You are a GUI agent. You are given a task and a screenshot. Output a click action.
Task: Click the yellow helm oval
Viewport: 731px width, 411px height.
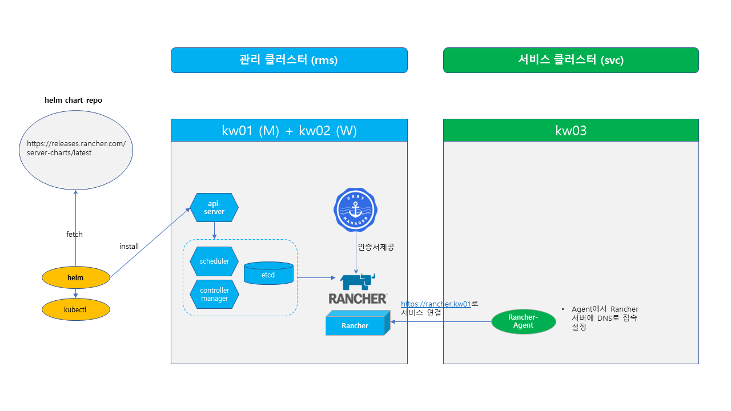pos(75,278)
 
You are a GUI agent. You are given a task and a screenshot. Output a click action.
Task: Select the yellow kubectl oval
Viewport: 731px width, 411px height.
pos(75,310)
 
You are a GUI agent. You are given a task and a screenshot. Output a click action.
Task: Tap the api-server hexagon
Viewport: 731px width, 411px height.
pos(214,208)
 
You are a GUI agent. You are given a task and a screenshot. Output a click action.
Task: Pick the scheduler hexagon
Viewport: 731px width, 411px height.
pos(214,261)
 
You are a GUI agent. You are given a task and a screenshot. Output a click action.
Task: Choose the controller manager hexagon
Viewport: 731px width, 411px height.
pos(214,295)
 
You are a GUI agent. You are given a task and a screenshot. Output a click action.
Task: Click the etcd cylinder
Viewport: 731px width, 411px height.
pos(268,273)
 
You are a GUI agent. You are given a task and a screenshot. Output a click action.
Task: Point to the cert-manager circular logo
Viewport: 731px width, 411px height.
pos(355,210)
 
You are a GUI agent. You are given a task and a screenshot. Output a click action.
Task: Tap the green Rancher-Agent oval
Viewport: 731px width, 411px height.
pos(523,321)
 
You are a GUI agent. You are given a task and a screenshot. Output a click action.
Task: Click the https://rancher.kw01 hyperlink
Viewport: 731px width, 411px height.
pos(436,304)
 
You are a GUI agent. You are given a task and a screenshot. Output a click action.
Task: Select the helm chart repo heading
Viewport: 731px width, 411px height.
pos(74,100)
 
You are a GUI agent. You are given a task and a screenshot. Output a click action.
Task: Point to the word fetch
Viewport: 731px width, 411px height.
pos(75,234)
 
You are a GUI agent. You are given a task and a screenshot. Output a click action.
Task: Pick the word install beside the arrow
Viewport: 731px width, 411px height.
pos(129,246)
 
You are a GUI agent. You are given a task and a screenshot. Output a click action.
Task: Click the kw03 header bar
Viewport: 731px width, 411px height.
pos(571,130)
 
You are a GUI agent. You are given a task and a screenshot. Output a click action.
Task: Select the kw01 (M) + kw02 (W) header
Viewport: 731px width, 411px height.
pos(289,130)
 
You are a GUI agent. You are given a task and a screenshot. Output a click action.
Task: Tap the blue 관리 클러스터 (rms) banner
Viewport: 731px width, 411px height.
pos(289,60)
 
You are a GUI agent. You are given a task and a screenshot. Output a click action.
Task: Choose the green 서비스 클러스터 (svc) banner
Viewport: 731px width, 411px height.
pos(571,60)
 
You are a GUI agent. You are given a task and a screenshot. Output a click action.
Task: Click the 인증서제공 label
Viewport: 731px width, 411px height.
pos(376,247)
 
